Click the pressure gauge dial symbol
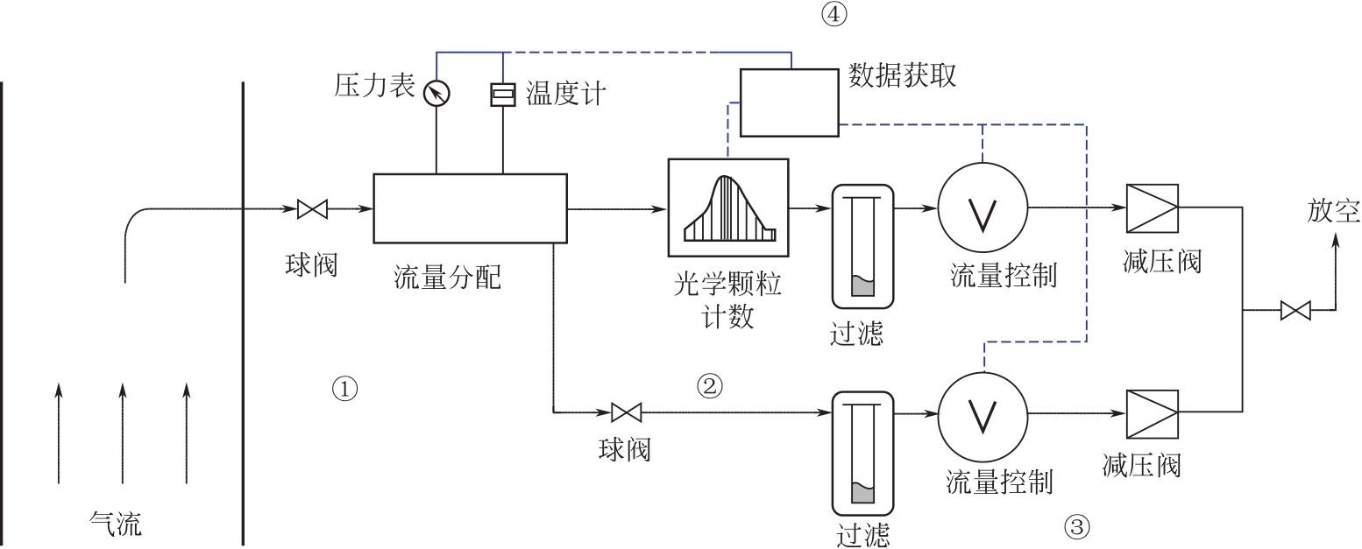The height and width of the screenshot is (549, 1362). [x=436, y=92]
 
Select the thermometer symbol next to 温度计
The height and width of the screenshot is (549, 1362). [x=503, y=94]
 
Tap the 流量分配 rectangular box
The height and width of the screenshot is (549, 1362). [x=470, y=208]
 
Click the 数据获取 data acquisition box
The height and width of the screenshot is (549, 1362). [x=790, y=102]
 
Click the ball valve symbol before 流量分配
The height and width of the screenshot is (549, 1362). [x=312, y=209]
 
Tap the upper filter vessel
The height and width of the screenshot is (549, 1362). [x=862, y=247]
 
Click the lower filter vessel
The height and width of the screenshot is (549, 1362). [x=862, y=454]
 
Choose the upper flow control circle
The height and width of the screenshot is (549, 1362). [x=982, y=208]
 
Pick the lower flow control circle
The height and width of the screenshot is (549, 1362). [x=982, y=412]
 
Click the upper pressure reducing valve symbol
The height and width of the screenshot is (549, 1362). [x=1152, y=208]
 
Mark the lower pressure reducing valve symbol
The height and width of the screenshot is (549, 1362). [x=1152, y=412]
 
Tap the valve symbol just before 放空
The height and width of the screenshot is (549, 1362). [x=1295, y=311]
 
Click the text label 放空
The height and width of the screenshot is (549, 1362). [x=1333, y=213]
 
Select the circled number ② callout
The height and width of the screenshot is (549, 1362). [x=710, y=384]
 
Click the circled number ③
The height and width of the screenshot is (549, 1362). [x=1077, y=527]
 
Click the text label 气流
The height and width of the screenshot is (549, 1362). [x=115, y=525]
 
